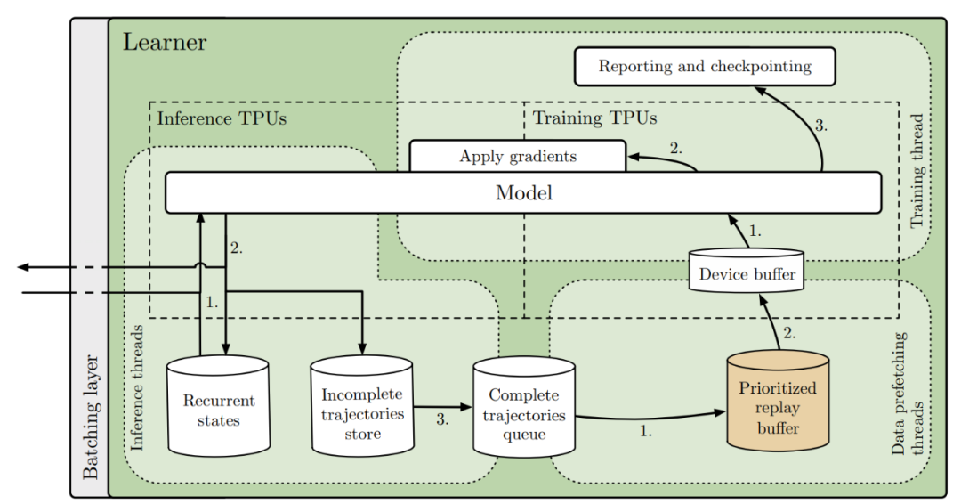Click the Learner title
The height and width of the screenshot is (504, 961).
(165, 42)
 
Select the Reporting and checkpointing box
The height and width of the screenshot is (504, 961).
(705, 67)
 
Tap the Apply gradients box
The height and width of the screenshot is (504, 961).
(517, 157)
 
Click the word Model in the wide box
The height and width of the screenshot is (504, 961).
(523, 193)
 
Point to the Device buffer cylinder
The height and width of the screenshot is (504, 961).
(747, 272)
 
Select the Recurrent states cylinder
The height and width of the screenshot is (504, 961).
(219, 410)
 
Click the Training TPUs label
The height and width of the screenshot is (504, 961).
(594, 118)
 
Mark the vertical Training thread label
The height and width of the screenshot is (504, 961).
(917, 170)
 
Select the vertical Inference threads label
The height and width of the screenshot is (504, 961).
(138, 388)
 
